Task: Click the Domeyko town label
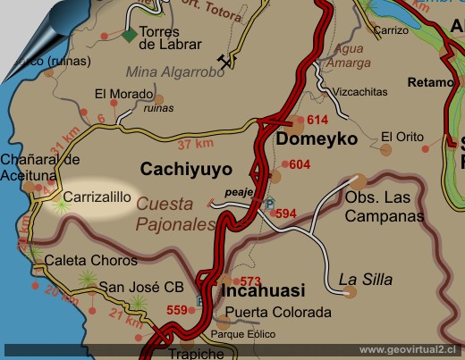(x=317, y=139)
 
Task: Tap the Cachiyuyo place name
(x=186, y=168)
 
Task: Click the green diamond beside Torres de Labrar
(x=131, y=35)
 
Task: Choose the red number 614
(x=317, y=120)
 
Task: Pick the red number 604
(x=300, y=164)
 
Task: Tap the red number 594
(x=284, y=213)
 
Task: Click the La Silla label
(x=366, y=280)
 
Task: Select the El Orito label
(x=400, y=137)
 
